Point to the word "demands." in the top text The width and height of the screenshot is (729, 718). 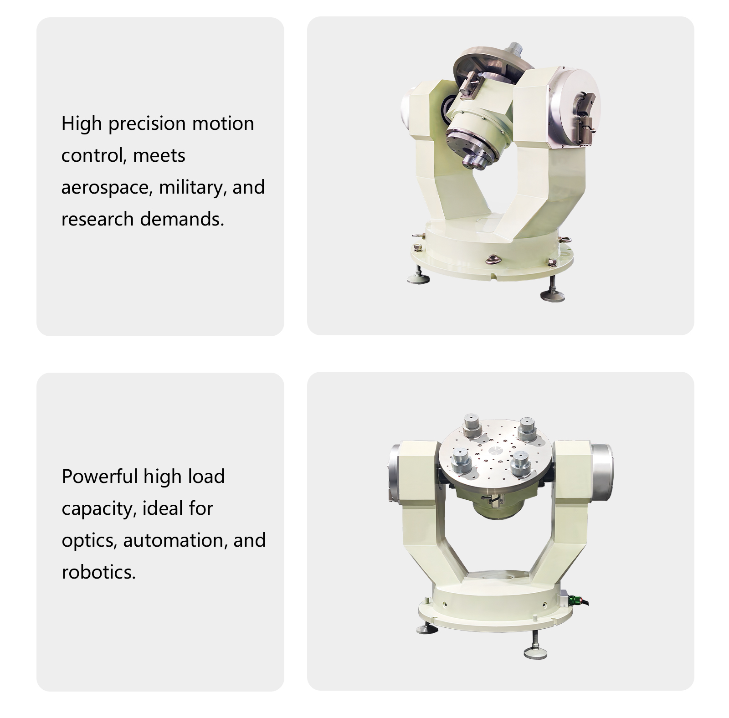pos(182,219)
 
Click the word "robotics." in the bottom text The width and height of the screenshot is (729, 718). pos(99,572)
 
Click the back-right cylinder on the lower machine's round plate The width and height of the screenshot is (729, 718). pos(528,428)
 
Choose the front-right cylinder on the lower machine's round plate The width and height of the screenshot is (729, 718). pos(521,464)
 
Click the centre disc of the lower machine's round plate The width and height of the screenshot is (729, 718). pos(495,451)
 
